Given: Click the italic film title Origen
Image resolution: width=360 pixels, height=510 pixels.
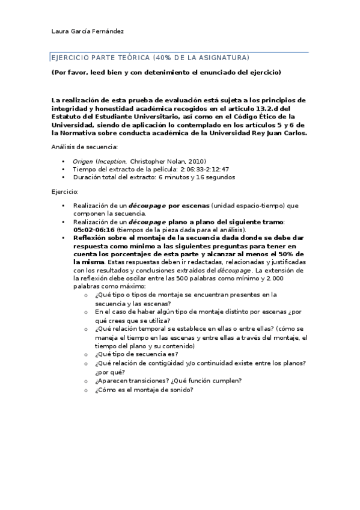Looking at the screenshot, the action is [82, 161].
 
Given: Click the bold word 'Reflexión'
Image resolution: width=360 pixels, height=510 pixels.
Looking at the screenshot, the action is [91, 238].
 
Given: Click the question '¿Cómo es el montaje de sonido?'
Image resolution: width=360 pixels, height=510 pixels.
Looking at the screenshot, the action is [143, 390].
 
